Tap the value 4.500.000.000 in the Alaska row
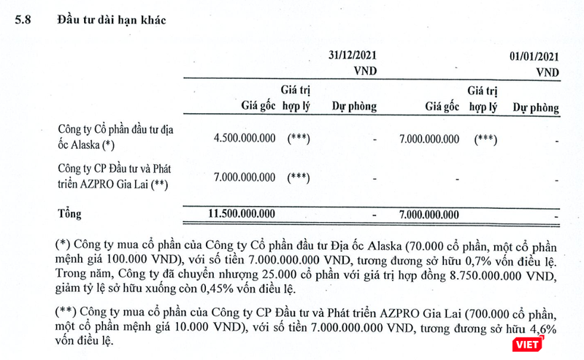(x=244, y=139)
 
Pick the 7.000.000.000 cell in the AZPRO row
(x=244, y=177)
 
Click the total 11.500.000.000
(x=241, y=214)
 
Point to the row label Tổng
(x=70, y=214)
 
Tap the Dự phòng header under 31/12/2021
(x=354, y=107)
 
